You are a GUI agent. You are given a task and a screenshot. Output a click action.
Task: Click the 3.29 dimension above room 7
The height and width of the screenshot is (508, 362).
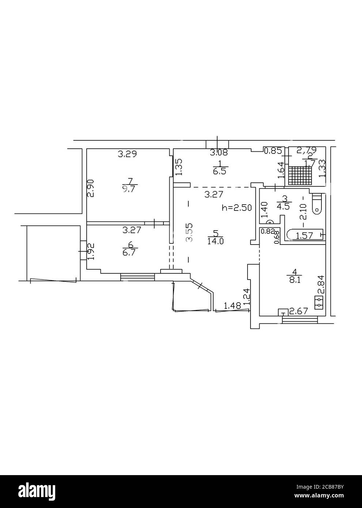click(x=127, y=154)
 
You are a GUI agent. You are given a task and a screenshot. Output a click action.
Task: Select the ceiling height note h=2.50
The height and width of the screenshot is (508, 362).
click(x=237, y=208)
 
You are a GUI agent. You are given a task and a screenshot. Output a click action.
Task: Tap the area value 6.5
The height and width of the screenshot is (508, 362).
click(x=219, y=170)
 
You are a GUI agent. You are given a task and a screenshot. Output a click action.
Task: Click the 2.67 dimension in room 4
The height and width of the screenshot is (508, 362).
click(x=298, y=311)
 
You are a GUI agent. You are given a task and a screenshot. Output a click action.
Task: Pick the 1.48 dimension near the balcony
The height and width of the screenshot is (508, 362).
click(x=232, y=306)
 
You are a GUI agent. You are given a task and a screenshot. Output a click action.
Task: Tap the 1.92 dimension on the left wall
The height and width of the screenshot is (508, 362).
click(x=91, y=251)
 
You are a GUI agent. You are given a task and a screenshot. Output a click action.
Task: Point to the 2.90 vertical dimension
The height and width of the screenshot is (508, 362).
click(x=91, y=188)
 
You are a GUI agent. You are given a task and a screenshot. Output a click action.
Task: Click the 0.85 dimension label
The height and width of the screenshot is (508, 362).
click(x=273, y=150)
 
